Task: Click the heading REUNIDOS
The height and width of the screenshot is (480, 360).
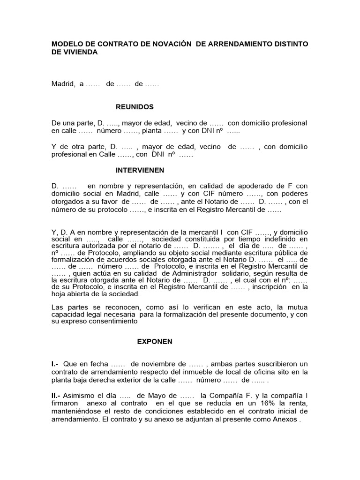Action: (135, 107)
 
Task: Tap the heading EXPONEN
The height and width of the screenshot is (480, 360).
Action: (155, 342)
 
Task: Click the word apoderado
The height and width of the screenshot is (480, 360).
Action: (249, 186)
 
